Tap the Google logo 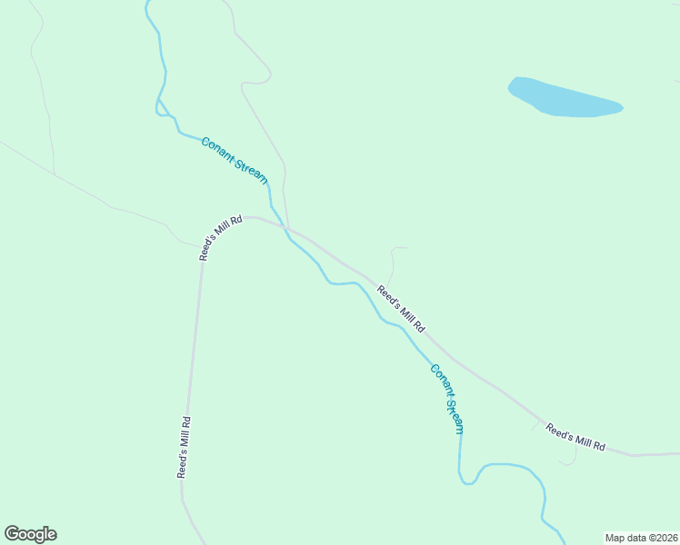click(30, 534)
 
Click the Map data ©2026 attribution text click(641, 538)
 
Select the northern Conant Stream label click(235, 160)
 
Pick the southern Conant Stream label click(447, 399)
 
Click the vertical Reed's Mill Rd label click(184, 447)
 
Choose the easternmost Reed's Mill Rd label click(575, 437)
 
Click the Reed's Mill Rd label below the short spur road click(401, 309)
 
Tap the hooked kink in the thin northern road click(255, 84)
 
